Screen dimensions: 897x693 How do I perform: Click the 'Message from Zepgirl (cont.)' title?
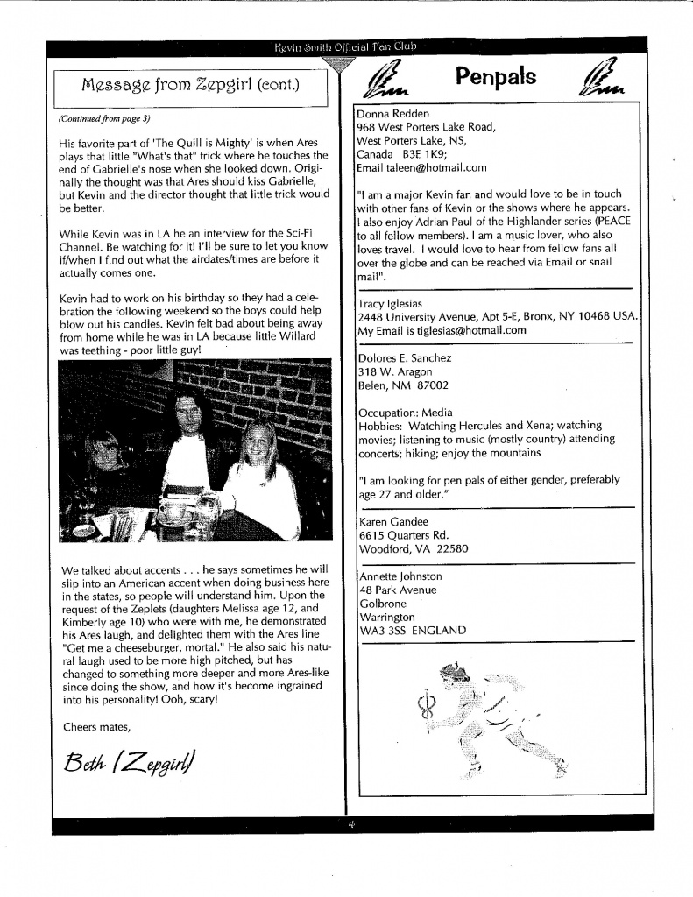[190, 85]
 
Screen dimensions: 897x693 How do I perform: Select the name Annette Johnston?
[401, 576]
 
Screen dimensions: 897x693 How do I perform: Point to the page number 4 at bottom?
[350, 824]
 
